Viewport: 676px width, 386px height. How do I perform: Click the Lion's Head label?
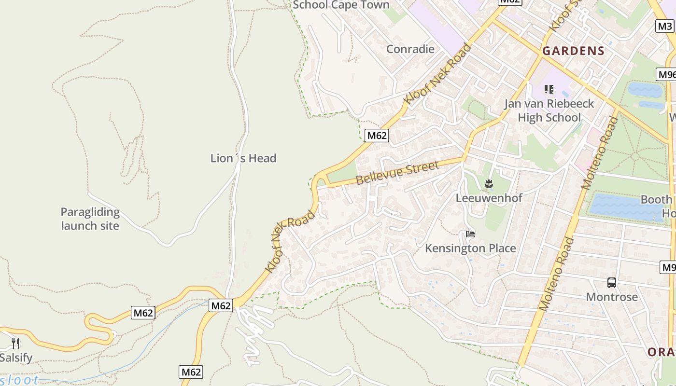(243, 158)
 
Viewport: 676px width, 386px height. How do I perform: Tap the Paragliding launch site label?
(90, 219)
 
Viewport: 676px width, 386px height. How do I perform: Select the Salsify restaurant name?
(16, 358)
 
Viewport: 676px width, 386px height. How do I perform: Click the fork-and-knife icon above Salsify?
(15, 343)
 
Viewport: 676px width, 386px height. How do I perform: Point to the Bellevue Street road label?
(398, 173)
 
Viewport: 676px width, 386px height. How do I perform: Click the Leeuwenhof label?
(489, 198)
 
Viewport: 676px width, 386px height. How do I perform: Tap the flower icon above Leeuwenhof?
(489, 183)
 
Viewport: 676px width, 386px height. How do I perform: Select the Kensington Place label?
(470, 248)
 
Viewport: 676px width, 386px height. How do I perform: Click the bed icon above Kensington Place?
(470, 234)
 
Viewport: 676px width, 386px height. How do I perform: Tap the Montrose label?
(612, 297)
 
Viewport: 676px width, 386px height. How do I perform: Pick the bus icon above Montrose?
(612, 283)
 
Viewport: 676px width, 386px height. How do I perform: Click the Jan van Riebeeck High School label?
(549, 110)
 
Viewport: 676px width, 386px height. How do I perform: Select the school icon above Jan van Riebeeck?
(549, 89)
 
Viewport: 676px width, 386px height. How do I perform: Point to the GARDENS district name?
(573, 51)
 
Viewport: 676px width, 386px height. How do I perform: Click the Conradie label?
(410, 49)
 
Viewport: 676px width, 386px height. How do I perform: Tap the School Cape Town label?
(341, 5)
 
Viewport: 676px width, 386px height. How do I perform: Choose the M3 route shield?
(664, 26)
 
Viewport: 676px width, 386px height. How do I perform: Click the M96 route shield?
(666, 74)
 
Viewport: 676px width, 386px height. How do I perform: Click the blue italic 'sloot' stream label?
(19, 380)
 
